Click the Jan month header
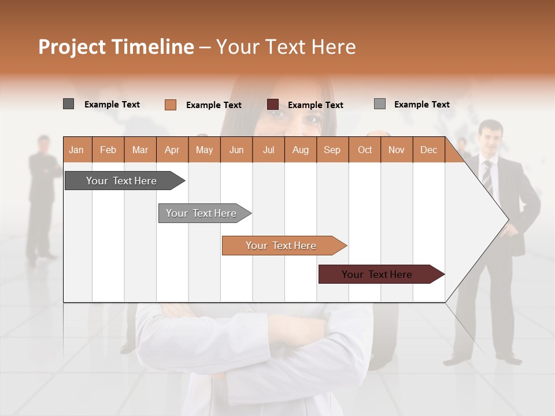tap(77, 150)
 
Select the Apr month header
tap(172, 150)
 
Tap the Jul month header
tap(268, 150)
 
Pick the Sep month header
tap(332, 150)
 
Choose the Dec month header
tap(428, 150)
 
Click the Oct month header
tap(365, 150)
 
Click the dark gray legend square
tap(68, 104)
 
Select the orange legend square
tap(170, 105)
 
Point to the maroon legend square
tap(273, 105)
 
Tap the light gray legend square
tap(379, 104)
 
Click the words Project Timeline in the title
tap(116, 47)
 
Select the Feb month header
tap(108, 150)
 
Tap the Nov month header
tap(397, 150)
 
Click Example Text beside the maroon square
tap(315, 105)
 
